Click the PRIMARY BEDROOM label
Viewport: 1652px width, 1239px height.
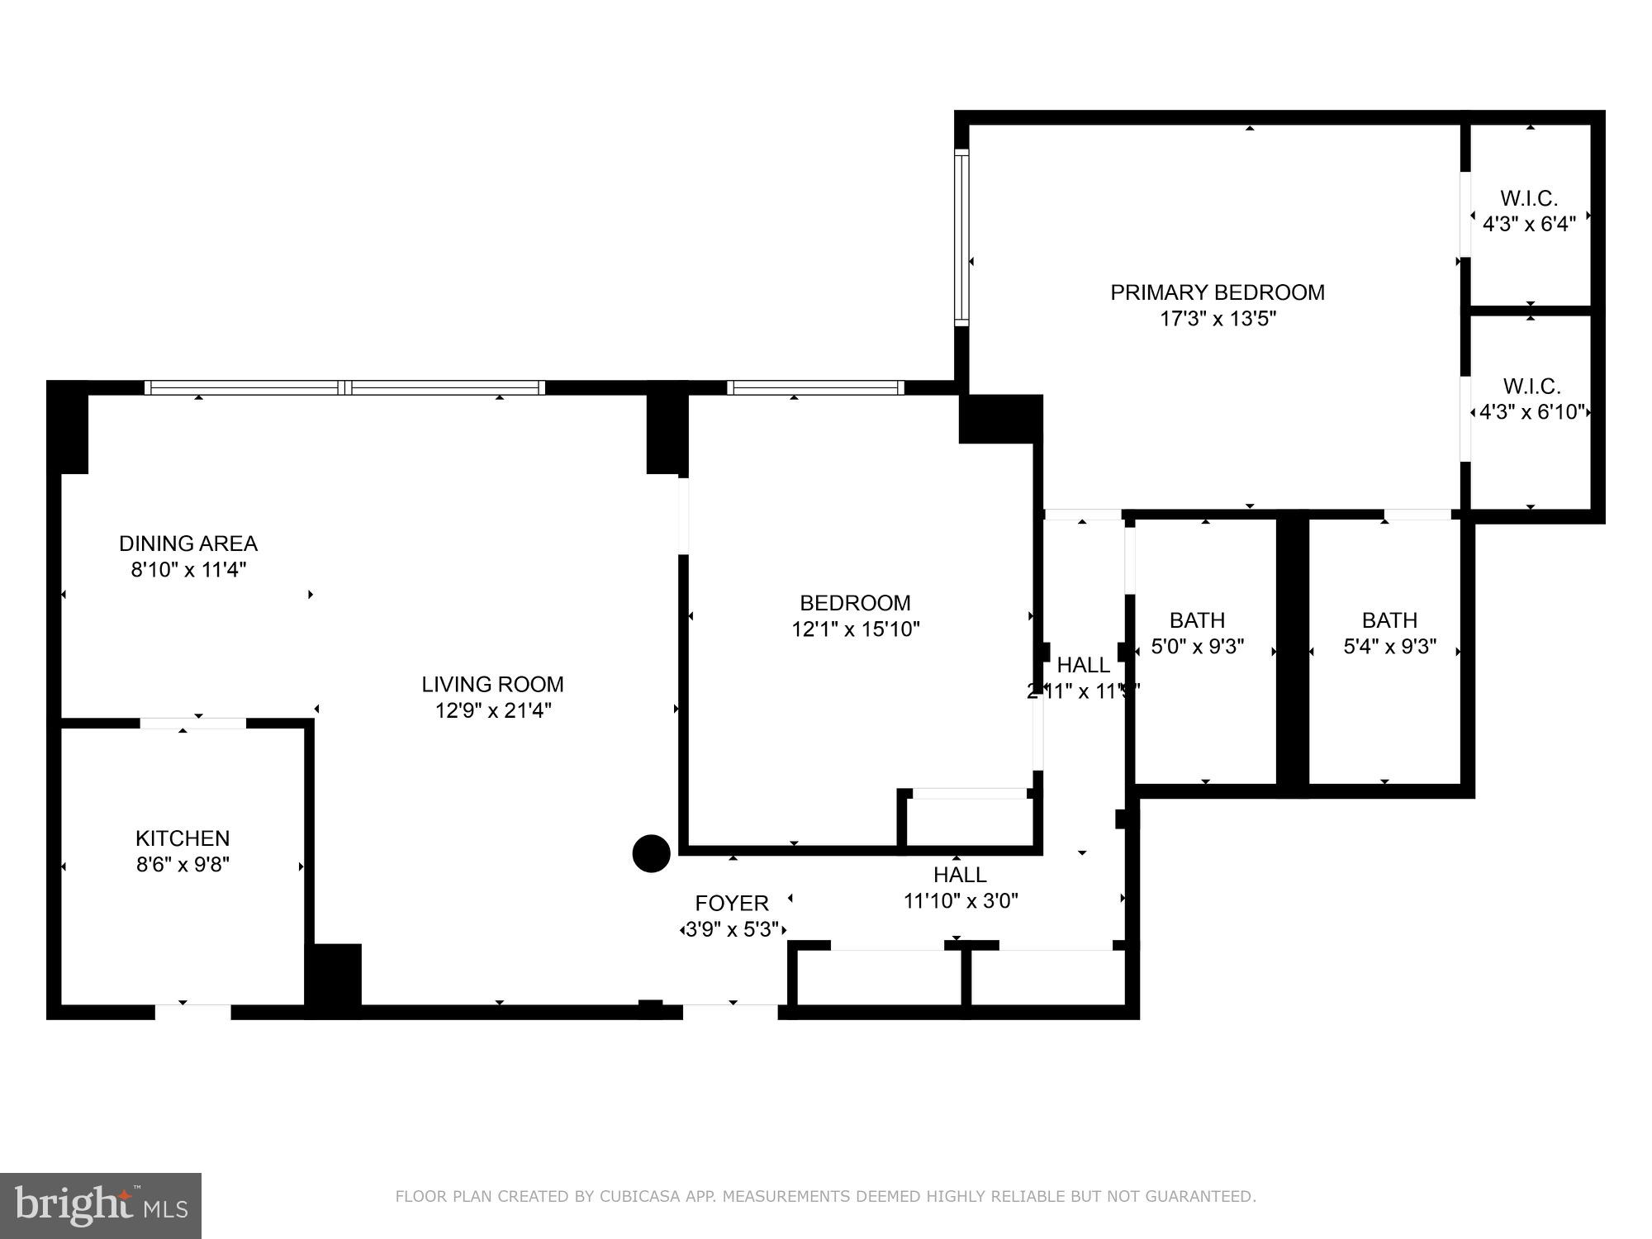[1217, 292]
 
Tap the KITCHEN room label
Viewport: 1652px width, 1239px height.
[183, 838]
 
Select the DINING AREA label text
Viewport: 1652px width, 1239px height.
[188, 544]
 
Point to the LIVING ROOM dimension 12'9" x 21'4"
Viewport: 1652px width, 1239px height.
[493, 710]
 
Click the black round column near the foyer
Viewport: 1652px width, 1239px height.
[651, 853]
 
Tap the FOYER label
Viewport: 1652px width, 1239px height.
[732, 903]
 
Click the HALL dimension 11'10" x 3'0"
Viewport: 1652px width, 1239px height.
[961, 900]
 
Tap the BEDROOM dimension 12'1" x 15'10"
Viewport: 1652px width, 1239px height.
[855, 629]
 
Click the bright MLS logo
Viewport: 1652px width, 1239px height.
[100, 1205]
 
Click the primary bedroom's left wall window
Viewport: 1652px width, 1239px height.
[961, 238]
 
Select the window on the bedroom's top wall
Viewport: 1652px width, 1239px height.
[815, 387]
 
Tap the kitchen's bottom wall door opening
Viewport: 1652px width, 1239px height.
[192, 1011]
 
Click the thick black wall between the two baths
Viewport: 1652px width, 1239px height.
[1293, 653]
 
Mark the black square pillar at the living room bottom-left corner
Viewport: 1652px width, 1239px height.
[334, 980]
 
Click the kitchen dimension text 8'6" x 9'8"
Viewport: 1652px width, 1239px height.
[183, 865]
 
